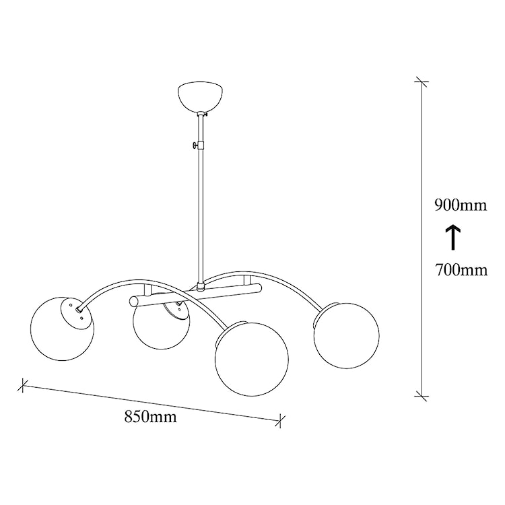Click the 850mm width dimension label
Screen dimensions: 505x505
click(150, 417)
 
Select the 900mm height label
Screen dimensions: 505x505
click(461, 205)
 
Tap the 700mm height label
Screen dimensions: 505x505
click(461, 270)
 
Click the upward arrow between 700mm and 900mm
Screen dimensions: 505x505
click(453, 238)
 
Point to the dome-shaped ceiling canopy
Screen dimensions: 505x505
click(201, 98)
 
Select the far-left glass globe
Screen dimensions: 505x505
click(62, 329)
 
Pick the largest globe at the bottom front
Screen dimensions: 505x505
click(252, 360)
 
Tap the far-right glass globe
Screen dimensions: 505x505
click(347, 335)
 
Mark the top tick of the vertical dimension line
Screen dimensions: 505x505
click(422, 81)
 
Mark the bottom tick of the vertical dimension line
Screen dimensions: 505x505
click(422, 396)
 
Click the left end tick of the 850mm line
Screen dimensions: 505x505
click(22, 385)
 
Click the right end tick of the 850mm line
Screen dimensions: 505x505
click(280, 420)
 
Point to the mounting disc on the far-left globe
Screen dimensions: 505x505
click(74, 312)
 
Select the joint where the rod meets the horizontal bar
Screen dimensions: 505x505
click(201, 285)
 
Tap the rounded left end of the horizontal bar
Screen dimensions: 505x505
click(133, 302)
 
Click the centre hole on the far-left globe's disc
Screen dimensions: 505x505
click(78, 310)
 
